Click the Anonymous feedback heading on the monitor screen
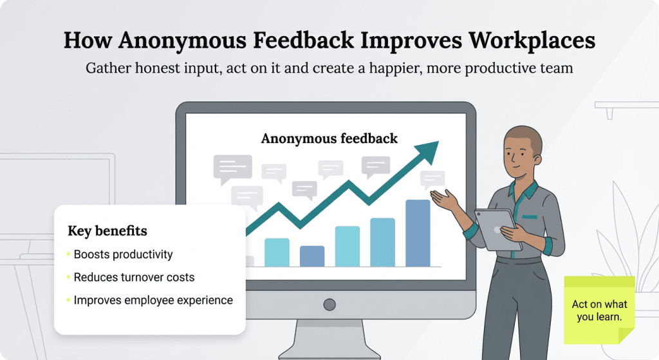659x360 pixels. pyautogui.click(x=329, y=138)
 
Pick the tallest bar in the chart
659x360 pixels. pyautogui.click(x=418, y=233)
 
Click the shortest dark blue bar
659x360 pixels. pyautogui.click(x=312, y=256)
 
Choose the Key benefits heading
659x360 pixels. pyautogui.click(x=107, y=231)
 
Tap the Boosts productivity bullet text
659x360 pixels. pyautogui.click(x=123, y=254)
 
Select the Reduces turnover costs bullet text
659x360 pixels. pyautogui.click(x=134, y=278)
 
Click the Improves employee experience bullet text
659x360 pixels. pyautogui.click(x=153, y=300)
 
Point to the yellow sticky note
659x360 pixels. pyautogui.click(x=599, y=309)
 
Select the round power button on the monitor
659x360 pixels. pyautogui.click(x=329, y=305)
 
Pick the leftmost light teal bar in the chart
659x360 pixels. pyautogui.click(x=277, y=252)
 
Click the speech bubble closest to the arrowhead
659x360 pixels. pyautogui.click(x=432, y=179)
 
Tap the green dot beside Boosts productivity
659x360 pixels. pyautogui.click(x=68, y=254)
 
